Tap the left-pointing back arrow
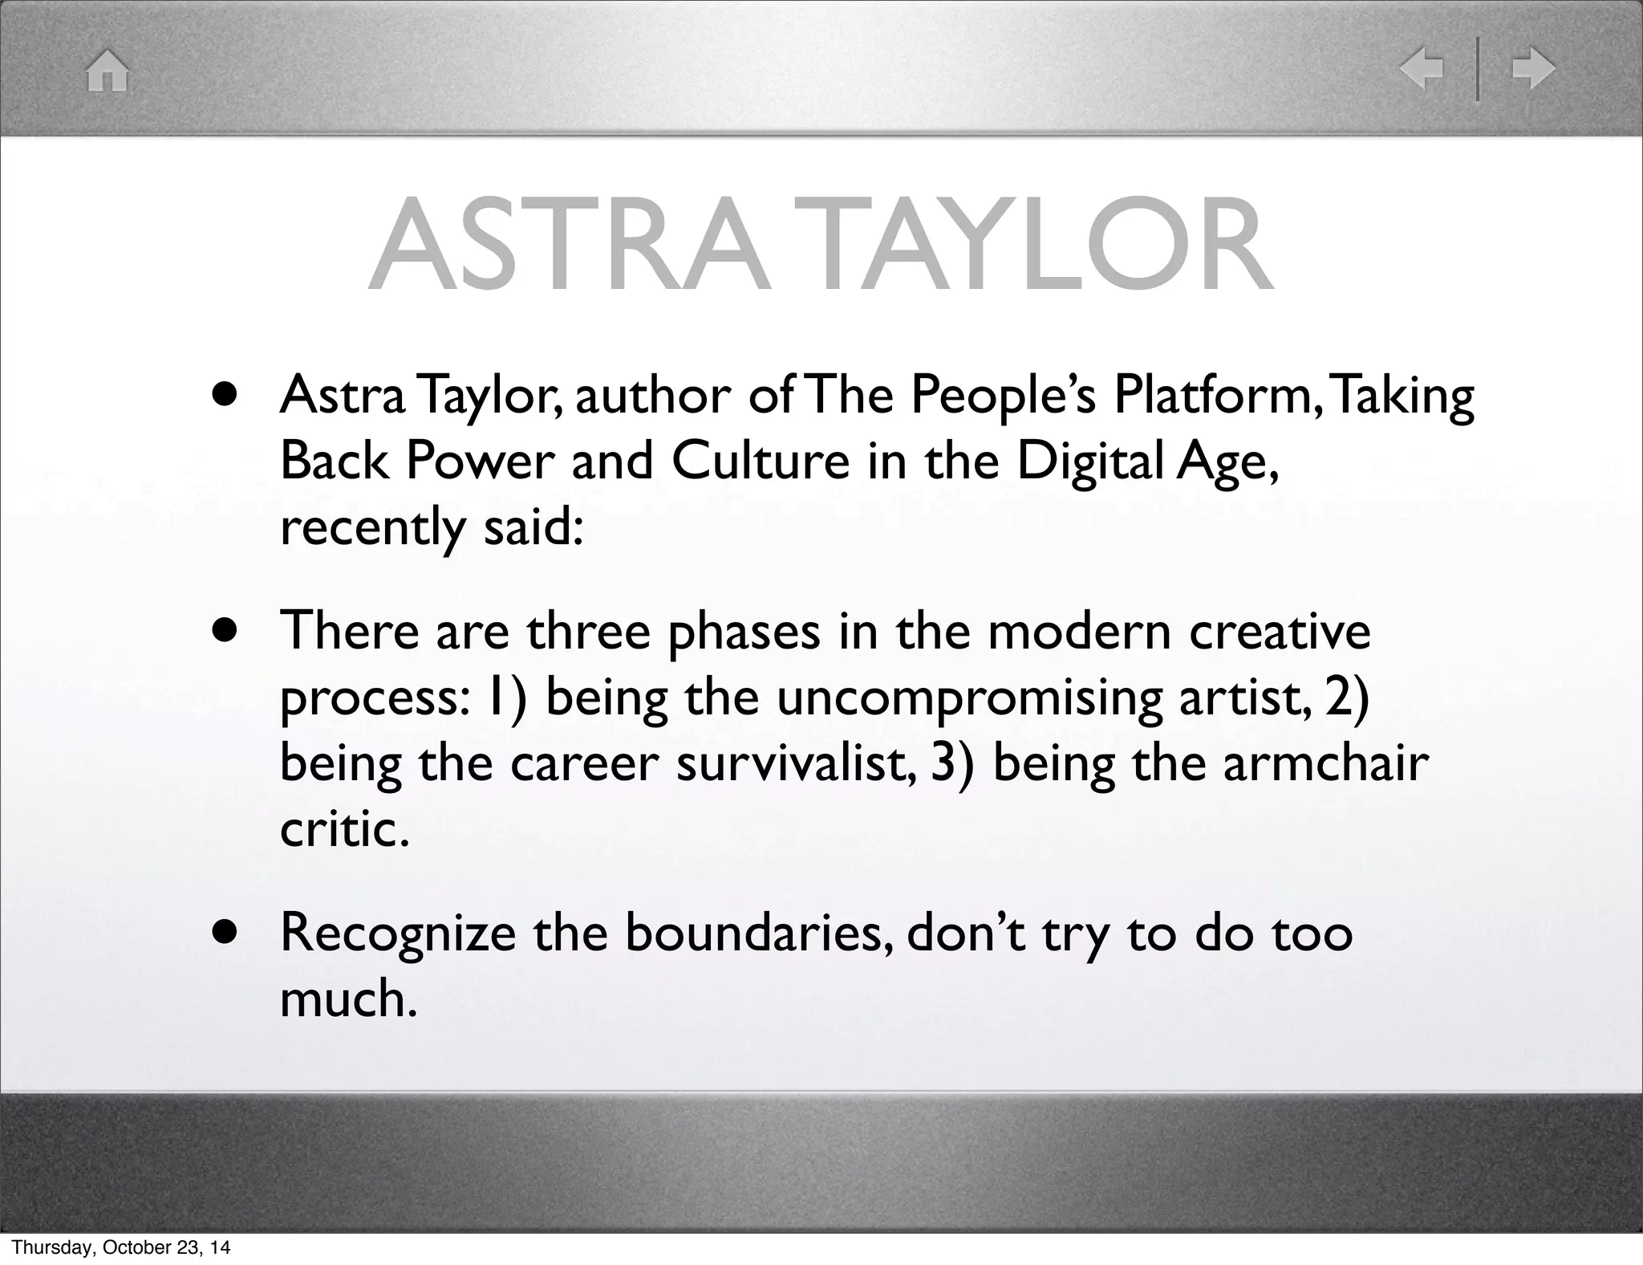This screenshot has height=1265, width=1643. click(1422, 68)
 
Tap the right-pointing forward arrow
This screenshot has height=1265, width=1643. click(1533, 68)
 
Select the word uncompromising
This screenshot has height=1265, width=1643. click(968, 698)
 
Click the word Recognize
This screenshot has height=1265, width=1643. click(397, 934)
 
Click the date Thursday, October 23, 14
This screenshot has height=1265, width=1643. click(121, 1247)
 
